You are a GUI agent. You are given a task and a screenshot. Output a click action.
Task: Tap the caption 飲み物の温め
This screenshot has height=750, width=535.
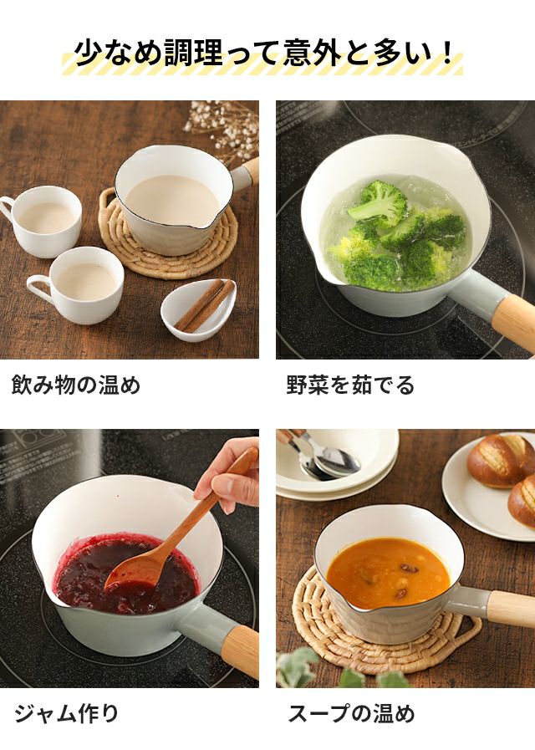[76, 385]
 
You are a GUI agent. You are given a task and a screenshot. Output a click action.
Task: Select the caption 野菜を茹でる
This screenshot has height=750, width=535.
[350, 385]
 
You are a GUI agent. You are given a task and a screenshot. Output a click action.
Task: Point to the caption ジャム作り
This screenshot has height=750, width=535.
[66, 713]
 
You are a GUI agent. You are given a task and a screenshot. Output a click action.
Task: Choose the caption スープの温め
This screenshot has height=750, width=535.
[351, 713]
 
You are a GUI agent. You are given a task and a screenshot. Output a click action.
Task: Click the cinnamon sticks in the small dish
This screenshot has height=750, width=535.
[205, 306]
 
